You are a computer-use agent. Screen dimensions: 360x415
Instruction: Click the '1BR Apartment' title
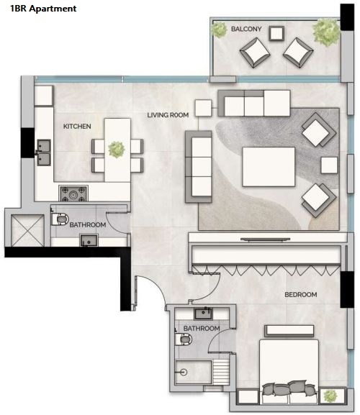point(43,9)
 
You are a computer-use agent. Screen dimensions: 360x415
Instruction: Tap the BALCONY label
point(246,29)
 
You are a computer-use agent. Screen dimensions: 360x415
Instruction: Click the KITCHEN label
point(77,127)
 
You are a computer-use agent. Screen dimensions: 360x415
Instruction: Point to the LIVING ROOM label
point(168,115)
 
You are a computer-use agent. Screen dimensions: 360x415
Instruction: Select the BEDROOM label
point(301,294)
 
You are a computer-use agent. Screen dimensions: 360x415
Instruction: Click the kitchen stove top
point(73,193)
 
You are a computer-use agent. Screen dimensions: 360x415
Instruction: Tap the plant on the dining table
point(117,150)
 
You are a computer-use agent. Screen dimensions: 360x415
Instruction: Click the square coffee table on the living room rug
point(269,167)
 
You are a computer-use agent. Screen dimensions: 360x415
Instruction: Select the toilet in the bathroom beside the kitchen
point(60,219)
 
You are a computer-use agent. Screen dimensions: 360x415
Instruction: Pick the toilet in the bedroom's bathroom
point(184,339)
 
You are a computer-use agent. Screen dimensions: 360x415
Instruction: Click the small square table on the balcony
point(276,33)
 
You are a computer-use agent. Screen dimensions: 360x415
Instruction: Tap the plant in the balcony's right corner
point(326,32)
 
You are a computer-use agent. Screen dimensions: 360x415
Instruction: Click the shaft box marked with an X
point(27,231)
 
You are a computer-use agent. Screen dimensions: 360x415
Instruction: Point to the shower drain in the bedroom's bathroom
point(184,372)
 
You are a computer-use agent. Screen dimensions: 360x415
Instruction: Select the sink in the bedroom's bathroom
point(203,314)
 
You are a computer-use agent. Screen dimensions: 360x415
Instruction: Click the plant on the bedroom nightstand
point(330,396)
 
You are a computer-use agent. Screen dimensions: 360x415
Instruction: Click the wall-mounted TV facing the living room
point(265,240)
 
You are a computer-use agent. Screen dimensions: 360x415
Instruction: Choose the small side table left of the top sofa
point(204,108)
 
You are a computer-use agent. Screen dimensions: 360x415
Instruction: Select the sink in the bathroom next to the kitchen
point(89,240)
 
